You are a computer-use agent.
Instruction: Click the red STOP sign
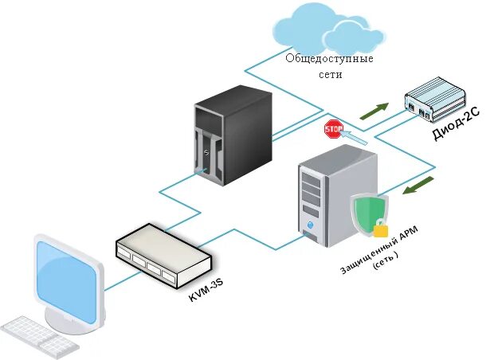pyautogui.click(x=333, y=128)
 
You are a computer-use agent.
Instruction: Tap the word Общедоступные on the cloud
pyautogui.click(x=330, y=59)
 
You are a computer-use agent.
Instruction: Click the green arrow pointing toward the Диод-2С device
pyautogui.click(x=374, y=112)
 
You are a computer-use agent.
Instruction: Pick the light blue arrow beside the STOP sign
pyautogui.click(x=355, y=137)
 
